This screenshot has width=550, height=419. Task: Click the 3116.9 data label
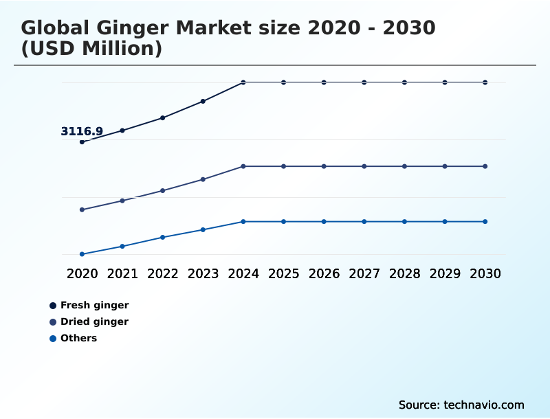click(82, 131)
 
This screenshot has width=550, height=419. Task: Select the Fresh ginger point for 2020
click(82, 142)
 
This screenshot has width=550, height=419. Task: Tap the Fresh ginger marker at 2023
click(203, 101)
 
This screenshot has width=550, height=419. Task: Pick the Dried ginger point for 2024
click(243, 166)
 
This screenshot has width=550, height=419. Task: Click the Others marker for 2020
click(82, 254)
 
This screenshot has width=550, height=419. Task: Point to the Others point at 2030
click(485, 221)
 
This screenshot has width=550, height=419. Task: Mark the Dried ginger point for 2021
click(122, 201)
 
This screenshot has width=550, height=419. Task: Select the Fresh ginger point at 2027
click(364, 82)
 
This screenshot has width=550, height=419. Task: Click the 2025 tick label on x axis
click(283, 273)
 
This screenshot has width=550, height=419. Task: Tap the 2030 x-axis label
click(485, 273)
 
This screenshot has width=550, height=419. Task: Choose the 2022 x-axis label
click(163, 273)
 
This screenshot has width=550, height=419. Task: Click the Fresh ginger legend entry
click(94, 305)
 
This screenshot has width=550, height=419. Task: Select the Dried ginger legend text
click(94, 321)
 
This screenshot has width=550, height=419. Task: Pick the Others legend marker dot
click(53, 338)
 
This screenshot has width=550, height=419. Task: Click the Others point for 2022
click(163, 237)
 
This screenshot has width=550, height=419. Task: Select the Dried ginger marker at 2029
click(445, 166)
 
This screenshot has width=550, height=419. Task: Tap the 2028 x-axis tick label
click(404, 273)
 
